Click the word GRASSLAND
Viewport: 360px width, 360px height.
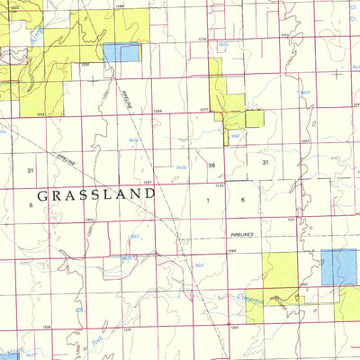(95, 193)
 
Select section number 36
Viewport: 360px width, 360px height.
(211, 165)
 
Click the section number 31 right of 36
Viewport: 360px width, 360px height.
(265, 162)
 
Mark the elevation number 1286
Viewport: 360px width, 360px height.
(119, 5)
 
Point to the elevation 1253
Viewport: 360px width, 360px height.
(306, 141)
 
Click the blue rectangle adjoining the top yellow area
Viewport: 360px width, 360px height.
(121, 53)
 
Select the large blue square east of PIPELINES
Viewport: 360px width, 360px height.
(338, 267)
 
